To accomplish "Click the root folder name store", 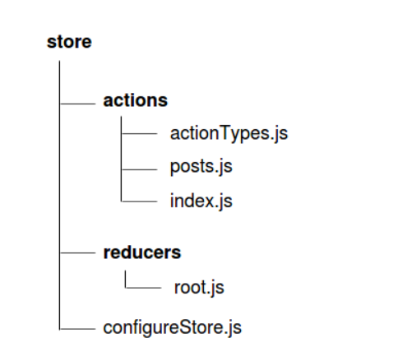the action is click(x=69, y=42).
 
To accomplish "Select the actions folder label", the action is click(x=135, y=100).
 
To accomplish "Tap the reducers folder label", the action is click(x=142, y=252).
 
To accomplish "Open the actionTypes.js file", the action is click(x=229, y=134).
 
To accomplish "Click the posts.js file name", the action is click(x=201, y=167).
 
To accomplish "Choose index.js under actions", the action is click(x=201, y=201).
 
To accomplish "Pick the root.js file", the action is click(x=199, y=288).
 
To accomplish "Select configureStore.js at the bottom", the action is click(x=173, y=328).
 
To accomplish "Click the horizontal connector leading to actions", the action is click(x=77, y=104).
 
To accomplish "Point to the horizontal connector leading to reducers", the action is click(x=77, y=252).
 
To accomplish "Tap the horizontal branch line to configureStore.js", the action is click(x=77, y=329).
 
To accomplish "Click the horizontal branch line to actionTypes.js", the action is click(x=139, y=133).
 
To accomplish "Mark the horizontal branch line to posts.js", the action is click(x=139, y=169).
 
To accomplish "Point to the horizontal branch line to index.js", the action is click(x=139, y=201).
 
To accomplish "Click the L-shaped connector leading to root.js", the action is click(x=126, y=288).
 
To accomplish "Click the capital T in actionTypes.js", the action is click(x=224, y=133).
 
